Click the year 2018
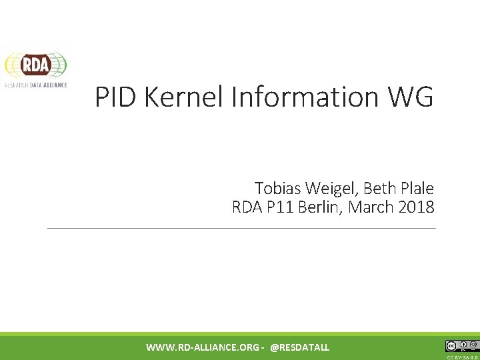pyautogui.click(x=417, y=207)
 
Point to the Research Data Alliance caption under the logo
pyautogui.click(x=36, y=86)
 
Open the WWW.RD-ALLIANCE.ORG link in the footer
pyautogui.click(x=203, y=347)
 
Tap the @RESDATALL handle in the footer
pyautogui.click(x=300, y=347)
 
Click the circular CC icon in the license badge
pyautogui.click(x=451, y=346)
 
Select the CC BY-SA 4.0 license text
pyautogui.click(x=463, y=357)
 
